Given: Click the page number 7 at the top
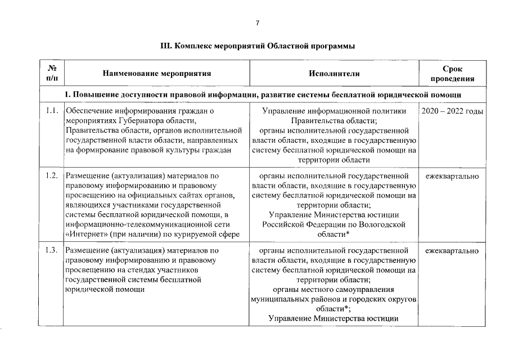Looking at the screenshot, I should [257, 23].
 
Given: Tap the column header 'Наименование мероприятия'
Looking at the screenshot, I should [157, 74].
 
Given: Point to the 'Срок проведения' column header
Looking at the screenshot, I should [453, 74].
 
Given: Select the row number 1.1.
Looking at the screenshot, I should [52, 111].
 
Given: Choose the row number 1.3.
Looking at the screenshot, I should [52, 250].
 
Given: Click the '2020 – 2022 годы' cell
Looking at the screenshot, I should [452, 111].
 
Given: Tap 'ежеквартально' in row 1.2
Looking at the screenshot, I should [452, 177].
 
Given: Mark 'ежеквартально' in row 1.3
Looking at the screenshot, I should [452, 250].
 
